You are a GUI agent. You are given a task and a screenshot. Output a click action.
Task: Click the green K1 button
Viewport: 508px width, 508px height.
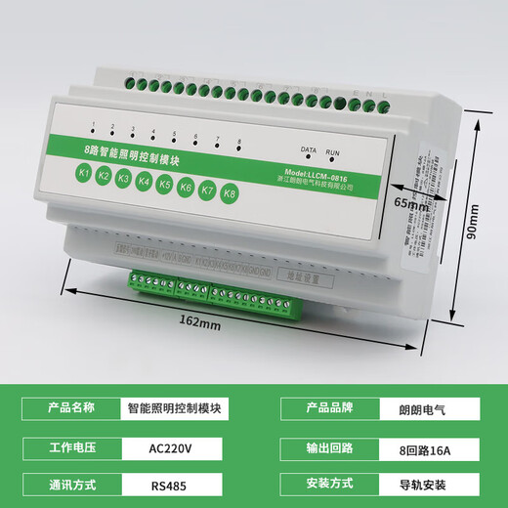[x=84, y=175]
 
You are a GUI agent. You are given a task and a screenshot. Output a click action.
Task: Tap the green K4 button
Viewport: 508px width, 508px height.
[x=145, y=181]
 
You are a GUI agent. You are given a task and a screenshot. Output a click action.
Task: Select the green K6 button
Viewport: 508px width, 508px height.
[x=186, y=186]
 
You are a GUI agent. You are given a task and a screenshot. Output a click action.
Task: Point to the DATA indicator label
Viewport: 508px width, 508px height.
[x=308, y=149]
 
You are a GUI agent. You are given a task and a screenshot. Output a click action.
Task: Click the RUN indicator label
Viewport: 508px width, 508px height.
[x=333, y=152]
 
